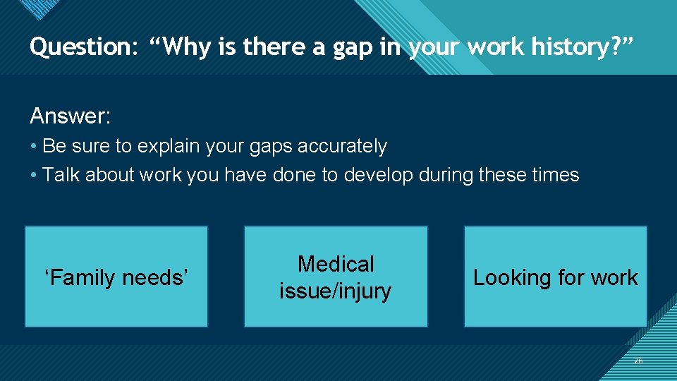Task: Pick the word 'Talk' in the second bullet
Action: coord(61,175)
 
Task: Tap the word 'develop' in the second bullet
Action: coord(377,175)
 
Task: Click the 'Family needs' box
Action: coord(116,277)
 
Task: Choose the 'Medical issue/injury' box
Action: coord(336,277)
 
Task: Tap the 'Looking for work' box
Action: coord(555,277)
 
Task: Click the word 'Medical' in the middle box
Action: coord(336,264)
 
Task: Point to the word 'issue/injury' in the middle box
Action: coord(336,291)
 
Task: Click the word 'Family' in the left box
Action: coord(85,278)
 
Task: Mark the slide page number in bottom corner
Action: coord(638,361)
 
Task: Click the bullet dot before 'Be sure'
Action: coord(34,147)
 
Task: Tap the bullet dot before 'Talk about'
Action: coord(34,176)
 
